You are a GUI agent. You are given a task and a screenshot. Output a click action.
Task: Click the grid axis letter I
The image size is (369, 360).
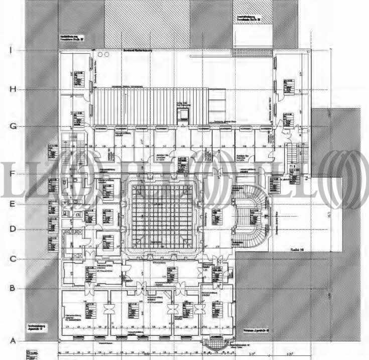tap(11, 50)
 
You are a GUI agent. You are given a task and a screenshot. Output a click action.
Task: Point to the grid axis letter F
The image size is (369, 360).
tap(12, 174)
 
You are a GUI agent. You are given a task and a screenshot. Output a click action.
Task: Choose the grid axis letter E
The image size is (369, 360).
tap(13, 204)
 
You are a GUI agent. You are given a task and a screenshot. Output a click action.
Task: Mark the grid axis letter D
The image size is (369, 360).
tap(13, 229)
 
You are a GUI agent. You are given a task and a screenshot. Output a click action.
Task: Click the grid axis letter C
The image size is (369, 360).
tap(13, 259)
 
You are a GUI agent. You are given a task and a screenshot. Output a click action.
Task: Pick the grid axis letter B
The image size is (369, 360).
tap(13, 288)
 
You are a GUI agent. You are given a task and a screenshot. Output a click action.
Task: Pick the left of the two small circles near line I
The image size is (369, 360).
tap(100, 53)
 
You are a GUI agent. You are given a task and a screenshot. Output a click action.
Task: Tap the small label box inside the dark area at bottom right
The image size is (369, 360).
tap(257, 331)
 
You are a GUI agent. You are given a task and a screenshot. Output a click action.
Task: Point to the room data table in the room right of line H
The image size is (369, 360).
tap(288, 86)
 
